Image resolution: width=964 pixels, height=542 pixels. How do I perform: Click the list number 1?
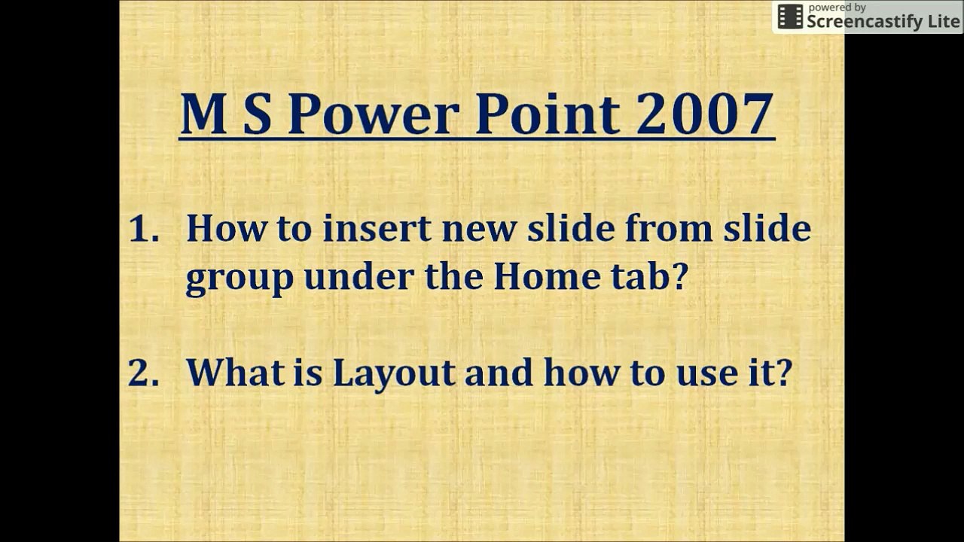pyautogui.click(x=144, y=229)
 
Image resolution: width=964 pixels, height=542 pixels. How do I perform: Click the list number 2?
pyautogui.click(x=143, y=372)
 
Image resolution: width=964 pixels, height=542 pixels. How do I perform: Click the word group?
pyautogui.click(x=239, y=279)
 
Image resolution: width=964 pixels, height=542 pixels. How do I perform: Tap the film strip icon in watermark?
pyautogui.click(x=790, y=17)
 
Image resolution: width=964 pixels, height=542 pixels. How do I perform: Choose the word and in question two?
pyautogui.click(x=498, y=372)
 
